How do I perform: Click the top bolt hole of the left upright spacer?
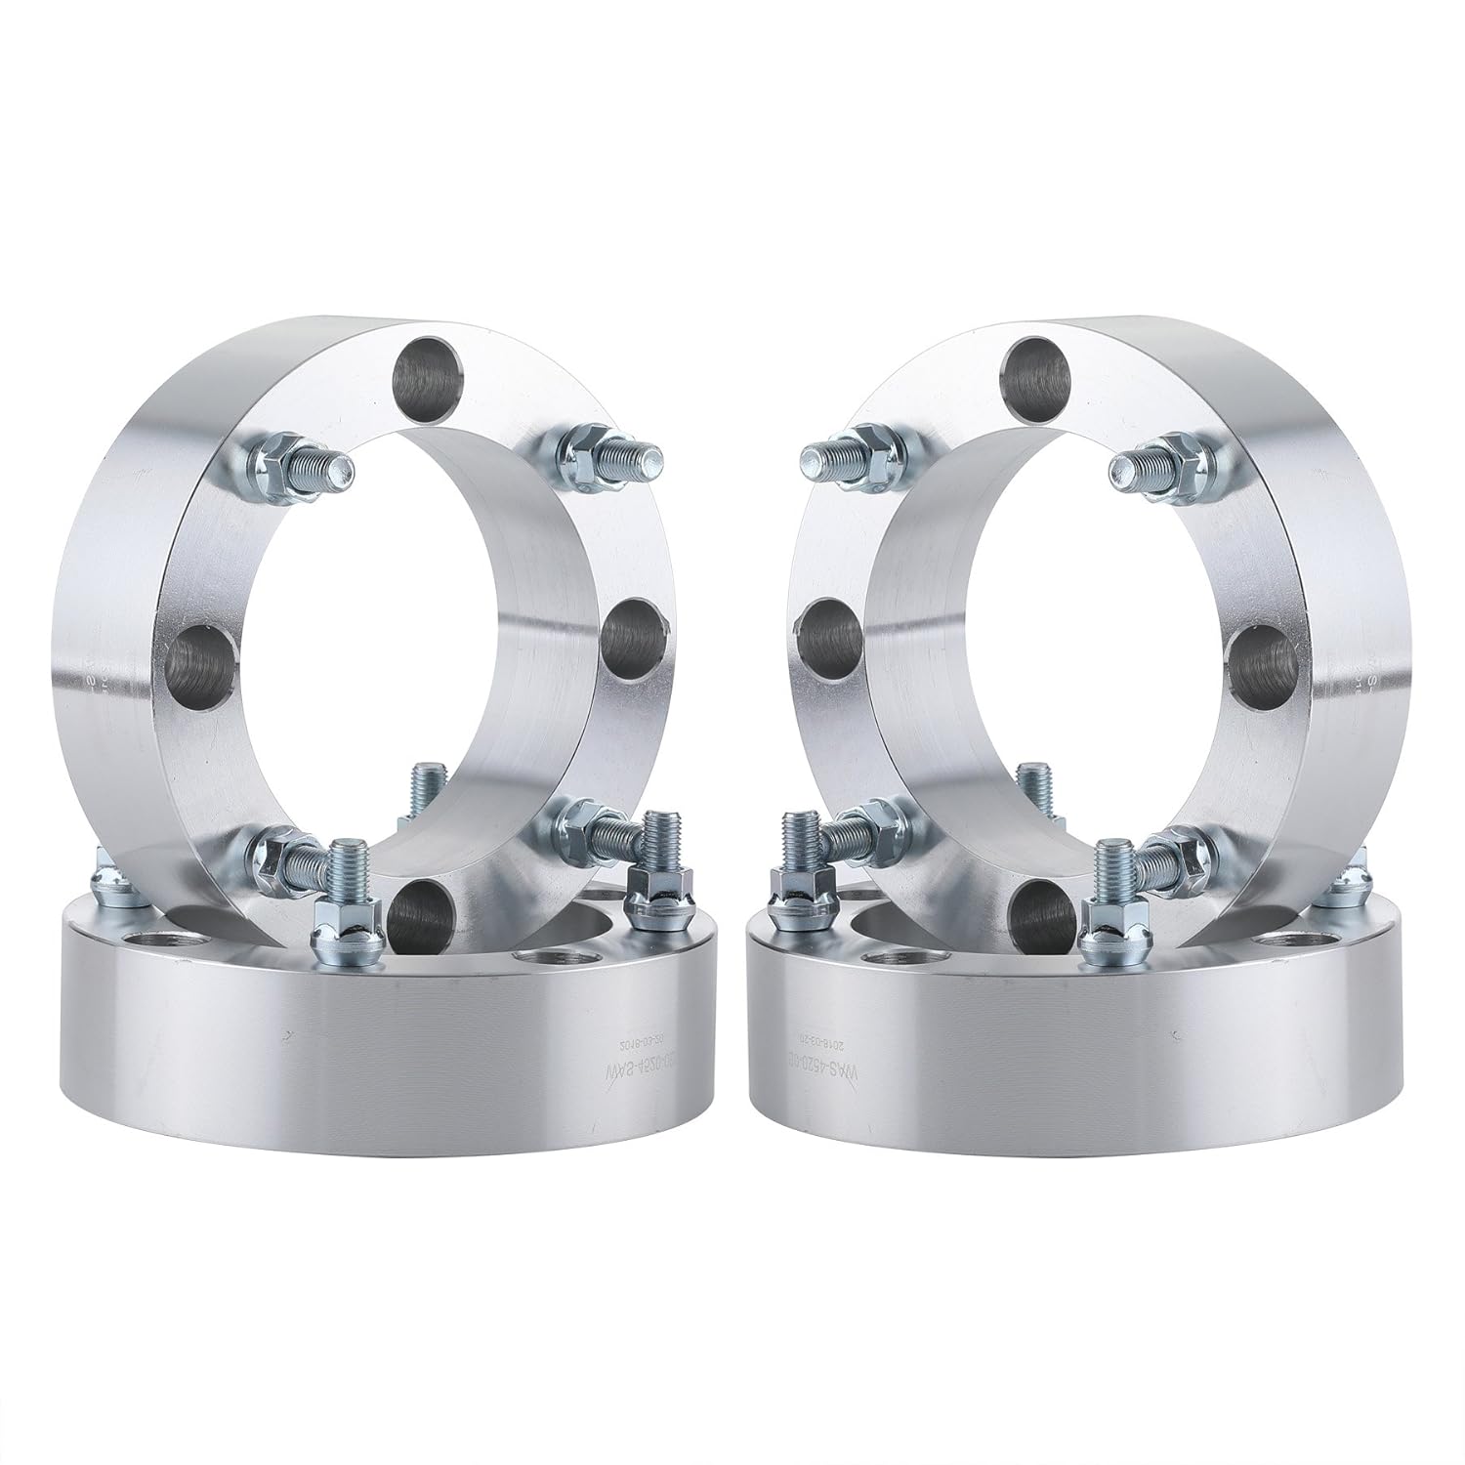pos(427,368)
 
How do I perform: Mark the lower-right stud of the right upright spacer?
pos(1162,848)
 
